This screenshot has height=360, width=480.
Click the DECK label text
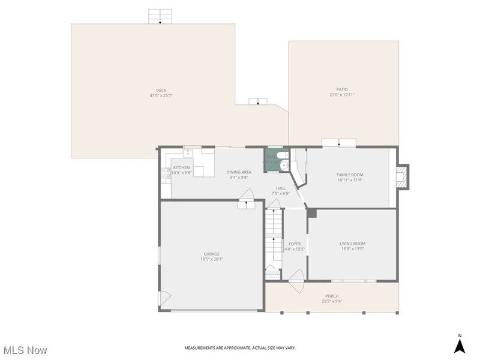click(161, 90)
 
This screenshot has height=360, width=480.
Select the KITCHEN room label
click(181, 167)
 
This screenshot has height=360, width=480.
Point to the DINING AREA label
click(238, 172)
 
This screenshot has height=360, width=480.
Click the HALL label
click(280, 188)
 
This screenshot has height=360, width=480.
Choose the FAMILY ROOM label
click(349, 175)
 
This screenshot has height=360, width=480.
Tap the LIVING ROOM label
click(352, 244)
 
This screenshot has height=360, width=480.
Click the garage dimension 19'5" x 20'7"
click(211, 259)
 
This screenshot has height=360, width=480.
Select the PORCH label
click(332, 296)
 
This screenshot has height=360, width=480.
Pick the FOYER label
click(295, 244)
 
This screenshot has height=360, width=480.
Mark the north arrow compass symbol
click(460, 346)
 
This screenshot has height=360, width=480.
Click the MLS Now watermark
click(25, 349)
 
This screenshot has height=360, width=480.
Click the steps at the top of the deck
click(160, 17)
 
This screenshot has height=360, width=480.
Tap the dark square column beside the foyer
click(311, 213)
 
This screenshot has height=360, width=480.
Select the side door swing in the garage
click(164, 298)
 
